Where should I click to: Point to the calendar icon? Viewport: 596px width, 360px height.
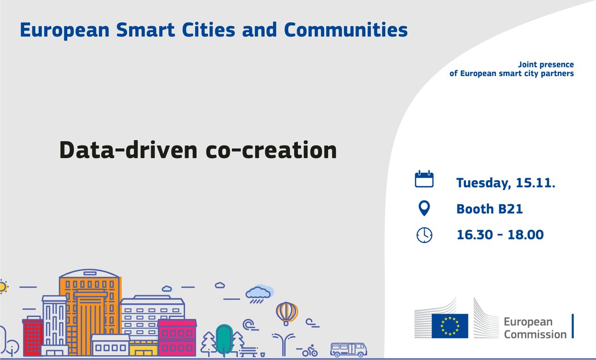(424, 179)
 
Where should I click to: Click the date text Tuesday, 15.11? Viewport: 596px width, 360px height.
(506, 183)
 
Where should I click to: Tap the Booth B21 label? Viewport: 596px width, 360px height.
(490, 209)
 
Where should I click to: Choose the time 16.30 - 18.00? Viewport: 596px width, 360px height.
(500, 235)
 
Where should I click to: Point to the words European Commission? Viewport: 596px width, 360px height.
(534, 328)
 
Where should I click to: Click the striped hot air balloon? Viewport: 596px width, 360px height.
(287, 313)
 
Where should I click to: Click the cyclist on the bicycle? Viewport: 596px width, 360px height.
(310, 350)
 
